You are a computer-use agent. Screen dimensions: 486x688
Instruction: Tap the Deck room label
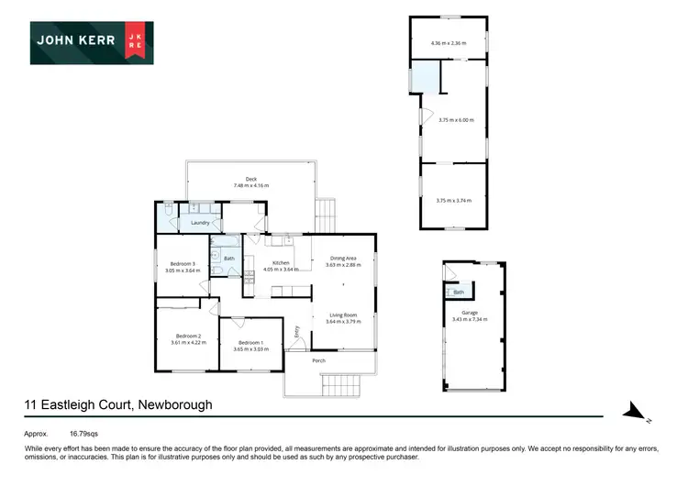pyautogui.click(x=250, y=179)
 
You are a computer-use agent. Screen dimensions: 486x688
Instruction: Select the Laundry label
pyautogui.click(x=202, y=223)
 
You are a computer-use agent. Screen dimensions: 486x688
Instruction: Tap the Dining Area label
pyautogui.click(x=343, y=259)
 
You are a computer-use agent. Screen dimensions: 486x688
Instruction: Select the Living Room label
pyautogui.click(x=343, y=315)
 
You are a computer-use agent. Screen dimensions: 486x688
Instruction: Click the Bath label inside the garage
pyautogui.click(x=459, y=293)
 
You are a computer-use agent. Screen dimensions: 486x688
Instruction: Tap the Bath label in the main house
pyautogui.click(x=228, y=259)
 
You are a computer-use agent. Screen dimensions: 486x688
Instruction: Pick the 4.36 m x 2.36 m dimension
pyautogui.click(x=449, y=42)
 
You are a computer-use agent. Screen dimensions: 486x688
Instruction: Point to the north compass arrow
pyautogui.click(x=635, y=414)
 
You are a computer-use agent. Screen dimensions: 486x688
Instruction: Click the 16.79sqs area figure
pyautogui.click(x=85, y=432)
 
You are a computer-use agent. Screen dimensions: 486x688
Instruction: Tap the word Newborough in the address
pyautogui.click(x=177, y=404)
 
